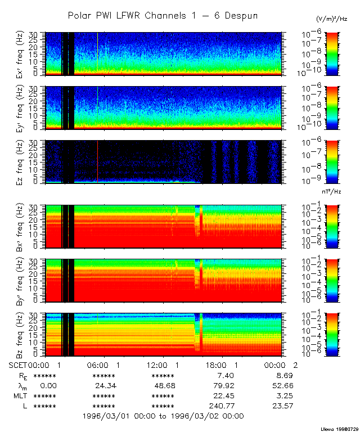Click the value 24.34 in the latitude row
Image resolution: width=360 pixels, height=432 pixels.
(x=103, y=385)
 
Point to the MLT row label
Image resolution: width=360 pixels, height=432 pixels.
(x=20, y=395)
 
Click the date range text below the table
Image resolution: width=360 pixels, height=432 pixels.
(x=163, y=416)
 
